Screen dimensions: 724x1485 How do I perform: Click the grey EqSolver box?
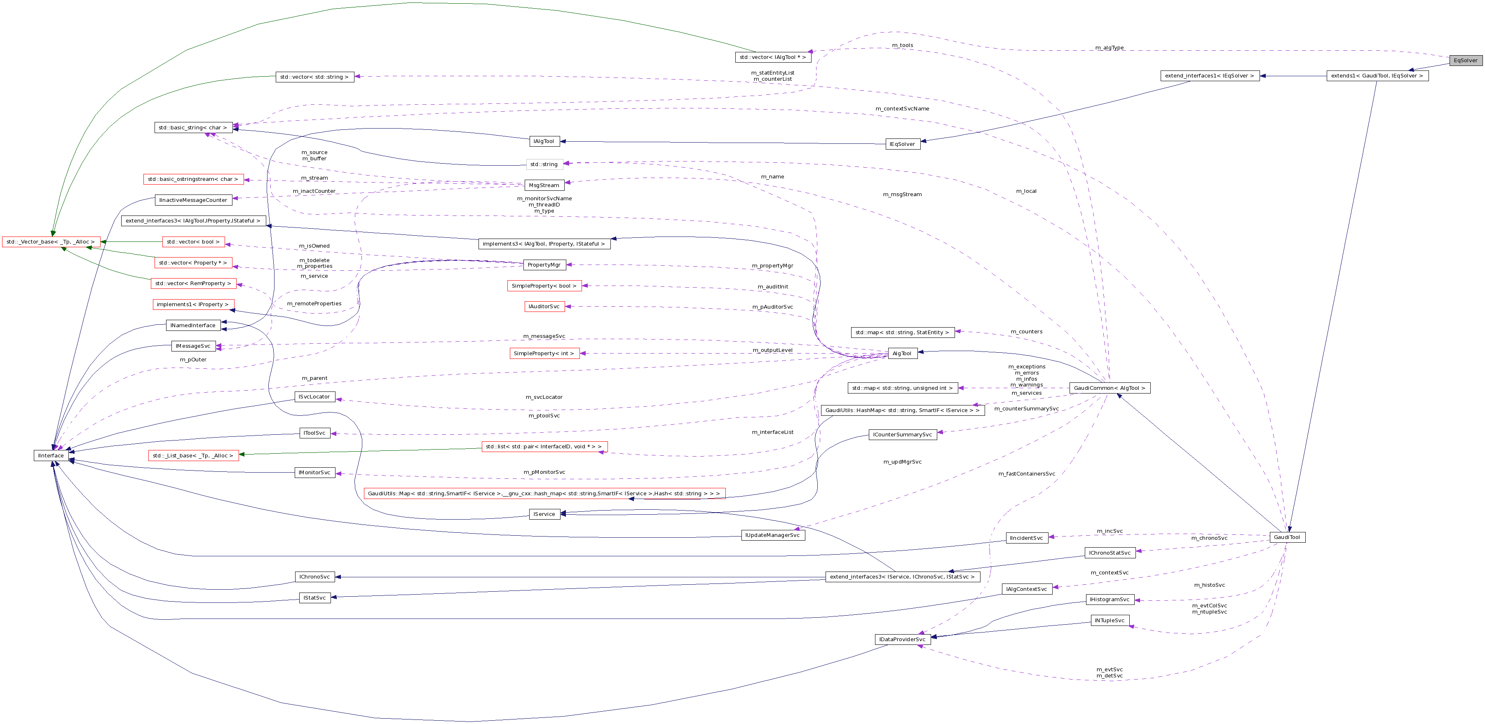point(1465,61)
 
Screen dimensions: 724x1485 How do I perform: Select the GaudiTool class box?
point(1287,537)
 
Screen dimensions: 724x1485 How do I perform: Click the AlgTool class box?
point(902,354)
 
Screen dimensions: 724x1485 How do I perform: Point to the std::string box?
point(544,164)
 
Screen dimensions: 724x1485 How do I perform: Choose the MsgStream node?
point(544,185)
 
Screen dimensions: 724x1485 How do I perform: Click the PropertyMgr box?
point(544,265)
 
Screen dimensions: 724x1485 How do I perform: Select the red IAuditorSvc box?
point(544,307)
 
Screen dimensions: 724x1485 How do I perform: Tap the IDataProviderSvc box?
point(902,639)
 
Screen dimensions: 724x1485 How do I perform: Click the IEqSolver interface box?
point(902,144)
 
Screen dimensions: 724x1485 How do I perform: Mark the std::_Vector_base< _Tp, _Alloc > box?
point(51,242)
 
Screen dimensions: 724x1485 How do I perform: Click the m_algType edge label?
point(1109,48)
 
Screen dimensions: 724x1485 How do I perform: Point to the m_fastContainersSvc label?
point(1026,474)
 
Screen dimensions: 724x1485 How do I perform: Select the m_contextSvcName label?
point(902,108)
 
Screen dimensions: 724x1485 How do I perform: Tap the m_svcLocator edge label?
point(544,397)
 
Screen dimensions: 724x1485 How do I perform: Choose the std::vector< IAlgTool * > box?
point(772,58)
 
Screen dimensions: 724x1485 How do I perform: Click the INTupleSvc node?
point(1109,621)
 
